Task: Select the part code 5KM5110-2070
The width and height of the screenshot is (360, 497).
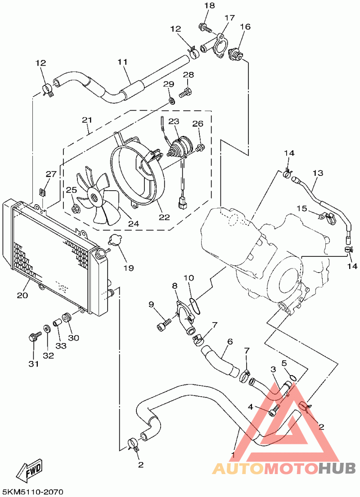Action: [32, 492]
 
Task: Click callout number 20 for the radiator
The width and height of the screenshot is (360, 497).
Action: [22, 296]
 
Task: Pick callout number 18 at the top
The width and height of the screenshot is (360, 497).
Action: [210, 6]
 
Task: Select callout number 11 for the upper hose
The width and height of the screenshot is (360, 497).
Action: [123, 62]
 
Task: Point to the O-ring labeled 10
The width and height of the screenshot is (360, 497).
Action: [195, 305]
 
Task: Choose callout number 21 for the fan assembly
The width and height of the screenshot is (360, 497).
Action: [87, 120]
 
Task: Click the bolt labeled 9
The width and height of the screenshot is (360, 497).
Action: [164, 323]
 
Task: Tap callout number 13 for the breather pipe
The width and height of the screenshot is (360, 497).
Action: [318, 173]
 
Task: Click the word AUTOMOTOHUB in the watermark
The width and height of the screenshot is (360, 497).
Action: [283, 469]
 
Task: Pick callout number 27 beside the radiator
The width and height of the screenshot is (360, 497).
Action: [51, 174]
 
